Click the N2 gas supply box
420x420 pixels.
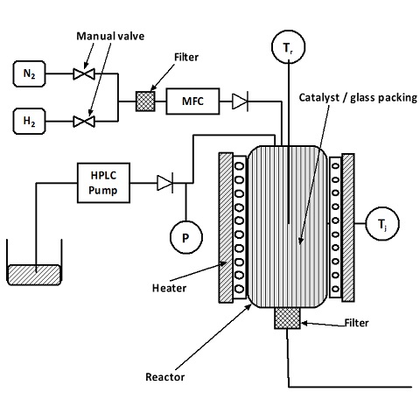click(x=29, y=73)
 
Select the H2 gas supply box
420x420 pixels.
click(x=29, y=121)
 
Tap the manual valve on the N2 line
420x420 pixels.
click(x=84, y=73)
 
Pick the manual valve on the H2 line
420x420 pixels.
click(x=84, y=122)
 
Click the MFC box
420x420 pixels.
click(x=192, y=101)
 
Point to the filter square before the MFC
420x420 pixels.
click(x=145, y=101)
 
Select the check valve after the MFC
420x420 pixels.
click(x=240, y=101)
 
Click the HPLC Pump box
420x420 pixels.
click(x=103, y=183)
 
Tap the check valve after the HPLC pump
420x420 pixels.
click(x=165, y=183)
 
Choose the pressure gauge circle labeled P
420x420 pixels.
click(x=186, y=237)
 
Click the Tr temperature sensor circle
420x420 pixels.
click(x=289, y=47)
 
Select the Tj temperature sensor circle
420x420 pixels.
click(x=382, y=224)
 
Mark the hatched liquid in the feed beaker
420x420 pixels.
click(x=34, y=275)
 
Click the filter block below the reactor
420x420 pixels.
click(x=287, y=318)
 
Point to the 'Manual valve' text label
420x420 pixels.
click(x=110, y=36)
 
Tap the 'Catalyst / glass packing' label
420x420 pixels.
click(x=358, y=97)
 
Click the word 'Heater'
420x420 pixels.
click(x=169, y=288)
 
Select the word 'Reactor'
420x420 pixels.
click(x=165, y=377)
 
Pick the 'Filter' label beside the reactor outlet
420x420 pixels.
click(x=356, y=323)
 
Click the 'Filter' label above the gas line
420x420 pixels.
click(x=186, y=57)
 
